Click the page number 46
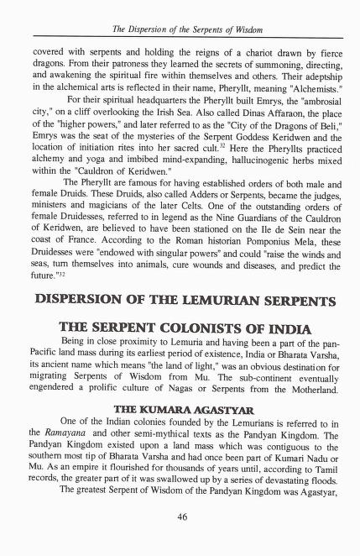181,517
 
